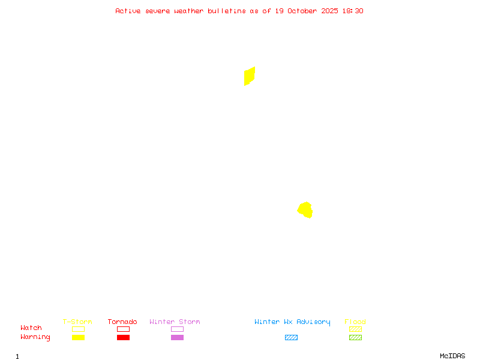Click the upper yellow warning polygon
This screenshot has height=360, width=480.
click(249, 76)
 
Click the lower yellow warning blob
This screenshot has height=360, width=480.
click(305, 209)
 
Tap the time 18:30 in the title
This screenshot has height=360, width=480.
click(353, 11)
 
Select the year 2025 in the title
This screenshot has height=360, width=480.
click(330, 11)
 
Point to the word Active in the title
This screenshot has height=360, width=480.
click(128, 11)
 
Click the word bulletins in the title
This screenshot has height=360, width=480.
click(227, 11)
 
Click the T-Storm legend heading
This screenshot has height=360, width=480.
click(77, 322)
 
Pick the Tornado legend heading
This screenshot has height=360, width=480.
click(122, 322)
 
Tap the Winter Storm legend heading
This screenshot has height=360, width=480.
click(175, 322)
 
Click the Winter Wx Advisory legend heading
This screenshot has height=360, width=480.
click(292, 322)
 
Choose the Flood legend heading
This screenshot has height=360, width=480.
click(355, 322)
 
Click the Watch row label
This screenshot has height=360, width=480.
click(31, 328)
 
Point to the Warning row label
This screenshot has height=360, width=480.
click(35, 337)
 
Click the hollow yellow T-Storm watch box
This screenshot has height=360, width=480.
click(78, 329)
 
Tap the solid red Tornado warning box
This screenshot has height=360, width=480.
click(123, 338)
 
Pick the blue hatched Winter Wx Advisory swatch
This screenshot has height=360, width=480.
click(291, 338)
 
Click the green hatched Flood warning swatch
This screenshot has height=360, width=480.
click(355, 338)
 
